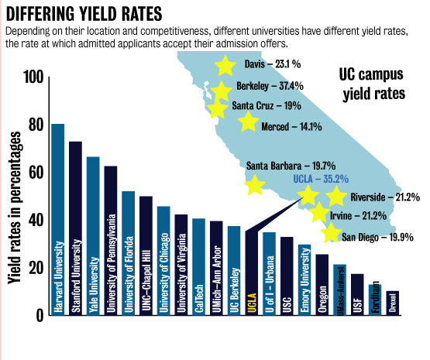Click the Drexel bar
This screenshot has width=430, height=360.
point(393,303)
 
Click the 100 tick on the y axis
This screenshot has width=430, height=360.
point(33,77)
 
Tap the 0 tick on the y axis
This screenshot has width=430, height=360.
point(40,314)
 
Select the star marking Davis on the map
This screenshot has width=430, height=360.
point(225,65)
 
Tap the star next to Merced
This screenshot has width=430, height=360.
point(248,122)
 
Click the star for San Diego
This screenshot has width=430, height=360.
point(331,232)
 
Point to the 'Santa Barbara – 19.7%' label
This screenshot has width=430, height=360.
point(291,165)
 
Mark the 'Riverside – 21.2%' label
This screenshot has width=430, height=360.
point(385,197)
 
